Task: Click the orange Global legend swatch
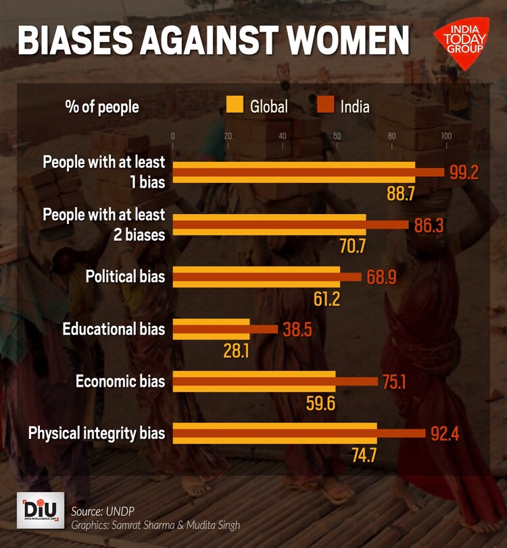(x=235, y=105)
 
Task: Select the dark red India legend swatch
(x=326, y=105)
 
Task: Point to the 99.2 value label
(x=464, y=172)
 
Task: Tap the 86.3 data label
(x=429, y=225)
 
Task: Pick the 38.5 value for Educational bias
(x=297, y=329)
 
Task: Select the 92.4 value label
(x=445, y=434)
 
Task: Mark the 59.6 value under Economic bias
(x=320, y=404)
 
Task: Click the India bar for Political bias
(x=268, y=277)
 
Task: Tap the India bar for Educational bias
(x=226, y=329)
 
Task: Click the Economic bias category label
(x=120, y=381)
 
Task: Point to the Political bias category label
(x=125, y=277)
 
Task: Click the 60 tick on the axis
(x=337, y=136)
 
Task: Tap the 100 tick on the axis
(x=446, y=136)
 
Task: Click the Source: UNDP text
(x=100, y=510)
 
